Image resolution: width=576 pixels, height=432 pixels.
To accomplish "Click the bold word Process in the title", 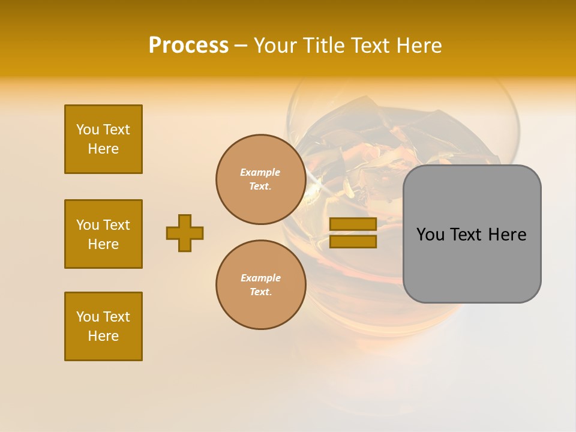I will [x=188, y=46].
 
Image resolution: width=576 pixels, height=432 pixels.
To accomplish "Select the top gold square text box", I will [x=103, y=139].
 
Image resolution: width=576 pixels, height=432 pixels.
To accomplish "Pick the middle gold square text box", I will [x=103, y=234].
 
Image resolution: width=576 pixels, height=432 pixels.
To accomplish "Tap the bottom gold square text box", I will [x=103, y=326].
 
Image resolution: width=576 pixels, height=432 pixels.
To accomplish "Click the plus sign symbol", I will [x=185, y=233].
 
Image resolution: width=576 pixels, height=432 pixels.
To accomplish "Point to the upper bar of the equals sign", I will [x=353, y=224].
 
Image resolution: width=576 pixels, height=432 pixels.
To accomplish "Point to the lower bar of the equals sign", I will [x=353, y=242].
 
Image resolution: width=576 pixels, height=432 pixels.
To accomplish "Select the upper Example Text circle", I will [x=260, y=179].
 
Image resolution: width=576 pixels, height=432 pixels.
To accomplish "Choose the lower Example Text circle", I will [x=260, y=285].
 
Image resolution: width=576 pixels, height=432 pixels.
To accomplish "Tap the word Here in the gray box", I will [x=507, y=235].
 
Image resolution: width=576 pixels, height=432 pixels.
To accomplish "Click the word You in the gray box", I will [x=430, y=235].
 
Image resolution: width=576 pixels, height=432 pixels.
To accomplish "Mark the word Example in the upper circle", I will [x=260, y=172].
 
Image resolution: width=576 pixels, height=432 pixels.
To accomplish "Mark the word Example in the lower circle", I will [x=260, y=278].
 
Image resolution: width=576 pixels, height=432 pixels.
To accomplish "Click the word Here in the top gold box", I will [x=103, y=149].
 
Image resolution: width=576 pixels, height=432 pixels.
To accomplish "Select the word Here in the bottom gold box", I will [x=103, y=336].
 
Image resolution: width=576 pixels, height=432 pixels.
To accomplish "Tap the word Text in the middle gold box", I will [x=116, y=225].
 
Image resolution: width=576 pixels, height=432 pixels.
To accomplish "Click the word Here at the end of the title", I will [x=419, y=46].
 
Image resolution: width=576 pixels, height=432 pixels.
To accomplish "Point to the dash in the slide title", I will [x=241, y=46].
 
